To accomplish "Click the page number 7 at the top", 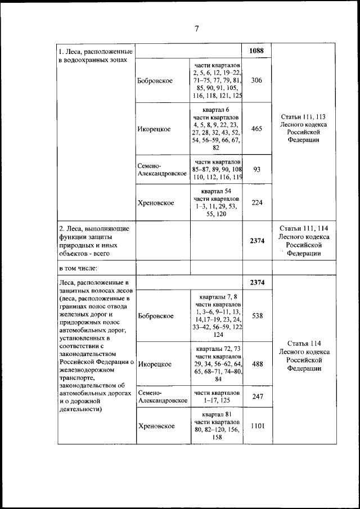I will pos(197,29).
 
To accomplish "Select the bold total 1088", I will pos(256,51).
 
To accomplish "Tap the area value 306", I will pos(256,80).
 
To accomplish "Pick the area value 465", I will pos(256,129).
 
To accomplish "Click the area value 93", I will pos(256,169).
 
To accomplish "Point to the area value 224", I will pos(256,203).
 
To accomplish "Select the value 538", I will pos(256,316).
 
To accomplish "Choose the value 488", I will pos(256,364).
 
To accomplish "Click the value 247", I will pos(256,396).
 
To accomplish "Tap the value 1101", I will pos(256,426).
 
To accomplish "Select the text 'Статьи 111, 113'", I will pos(303,116).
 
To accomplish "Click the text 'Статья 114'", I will pos(303,343).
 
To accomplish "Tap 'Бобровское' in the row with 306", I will pos(155,80).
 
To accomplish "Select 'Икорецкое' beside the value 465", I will pos(154,129).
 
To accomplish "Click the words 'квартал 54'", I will pos(217,191).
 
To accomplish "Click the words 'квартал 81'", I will pos(217,414).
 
